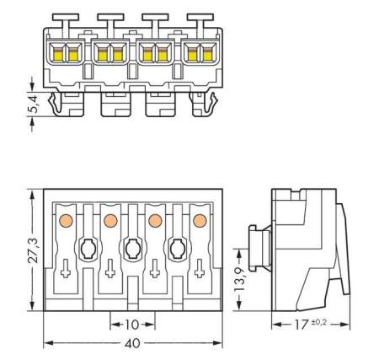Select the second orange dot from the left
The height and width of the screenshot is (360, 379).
tap(109, 221)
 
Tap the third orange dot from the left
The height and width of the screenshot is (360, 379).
tap(154, 221)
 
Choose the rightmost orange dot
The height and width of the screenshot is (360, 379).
tap(200, 221)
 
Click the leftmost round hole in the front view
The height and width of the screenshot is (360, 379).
tap(88, 249)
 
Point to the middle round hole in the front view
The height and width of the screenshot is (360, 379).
tap(132, 249)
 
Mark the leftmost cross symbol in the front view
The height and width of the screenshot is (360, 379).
tap(64, 272)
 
